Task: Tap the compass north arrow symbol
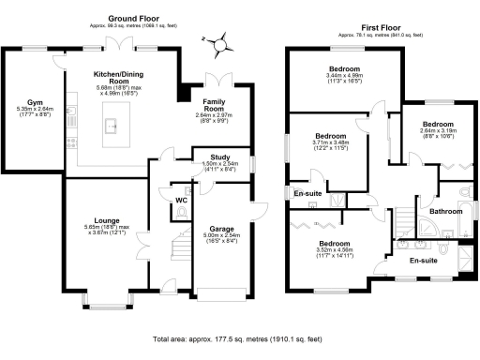[x=217, y=41]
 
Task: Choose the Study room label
[x=220, y=157]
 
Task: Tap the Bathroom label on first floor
[x=446, y=212]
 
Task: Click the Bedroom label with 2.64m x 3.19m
[x=437, y=124]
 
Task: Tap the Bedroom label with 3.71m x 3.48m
[x=331, y=136]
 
